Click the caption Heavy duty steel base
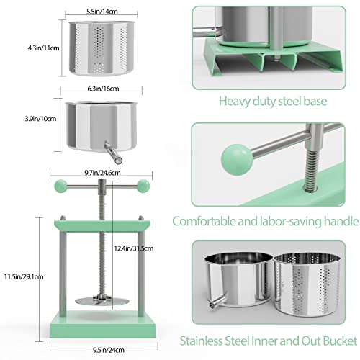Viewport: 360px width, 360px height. click(x=276, y=102)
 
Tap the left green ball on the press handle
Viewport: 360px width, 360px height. click(x=59, y=186)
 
